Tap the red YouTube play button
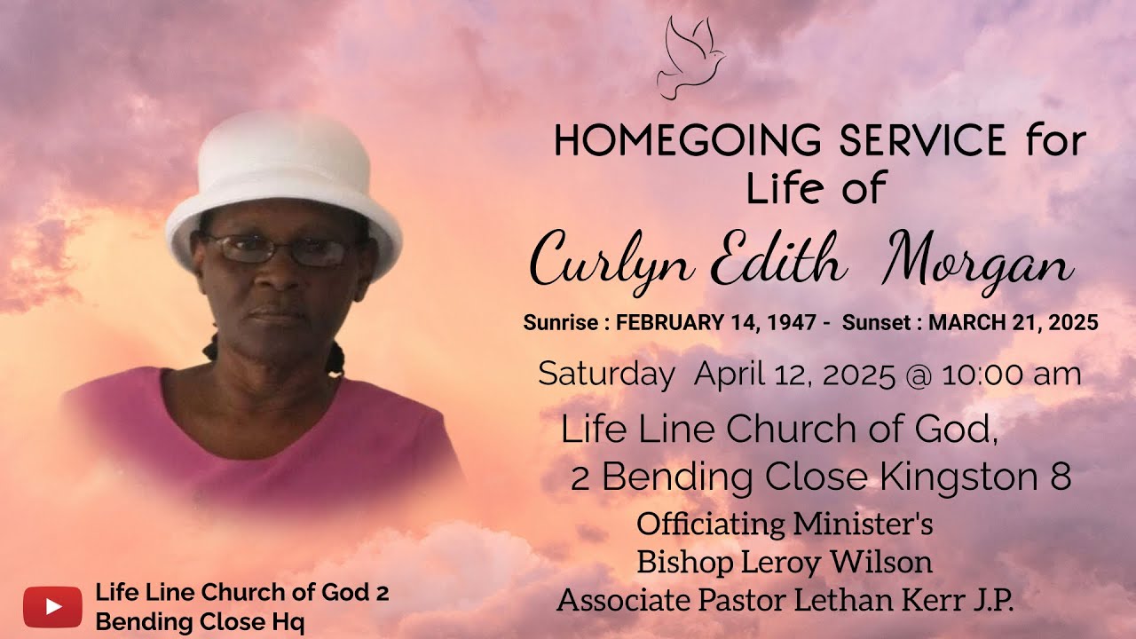[52, 607]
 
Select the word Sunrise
[559, 324]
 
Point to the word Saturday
[606, 375]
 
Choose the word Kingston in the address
[954, 477]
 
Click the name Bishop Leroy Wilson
[785, 562]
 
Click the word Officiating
[711, 524]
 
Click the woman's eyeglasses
[277, 249]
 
